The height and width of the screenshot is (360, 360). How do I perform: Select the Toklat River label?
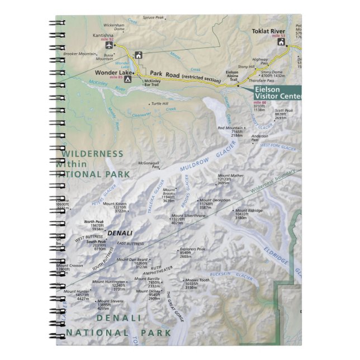click(x=269, y=31)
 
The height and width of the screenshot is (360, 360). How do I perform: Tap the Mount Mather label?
click(x=231, y=176)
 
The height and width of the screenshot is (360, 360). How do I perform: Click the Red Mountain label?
click(x=230, y=128)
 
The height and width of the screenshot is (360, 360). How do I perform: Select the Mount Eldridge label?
click(x=249, y=210)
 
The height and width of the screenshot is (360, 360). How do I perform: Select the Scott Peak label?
click(x=283, y=111)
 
